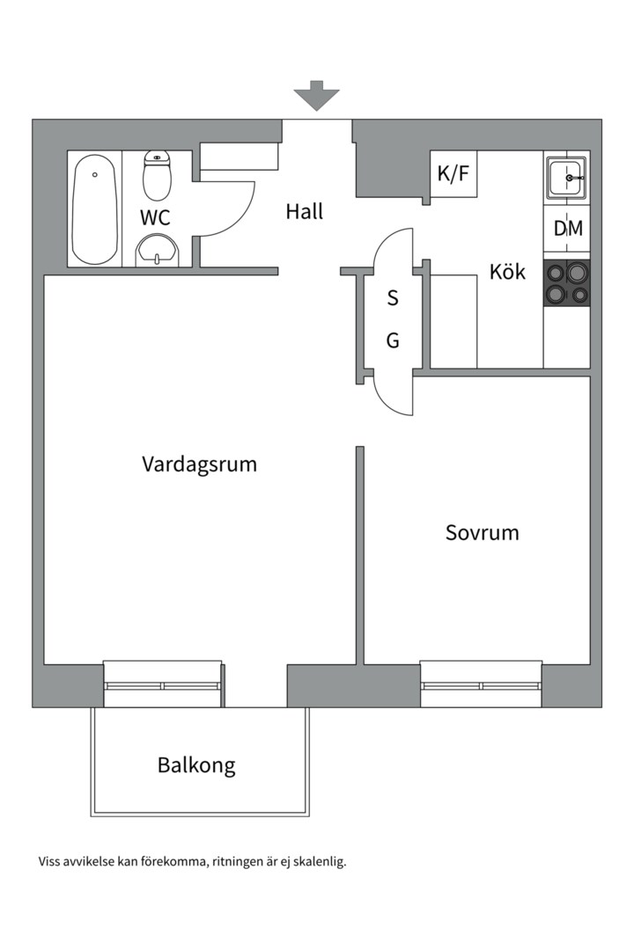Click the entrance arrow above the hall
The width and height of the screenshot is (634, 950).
[x=316, y=94]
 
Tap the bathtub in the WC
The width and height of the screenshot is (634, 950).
[x=94, y=209]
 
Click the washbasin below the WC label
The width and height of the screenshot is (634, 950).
[x=158, y=251]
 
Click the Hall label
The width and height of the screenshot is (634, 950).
[x=305, y=212]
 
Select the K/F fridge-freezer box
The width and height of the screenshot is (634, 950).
[x=453, y=174]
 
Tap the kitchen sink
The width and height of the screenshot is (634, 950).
[x=566, y=179]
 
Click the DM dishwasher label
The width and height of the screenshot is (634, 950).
[x=567, y=229]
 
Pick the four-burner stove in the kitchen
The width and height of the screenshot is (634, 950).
[x=566, y=283]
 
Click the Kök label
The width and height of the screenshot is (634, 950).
[x=507, y=272]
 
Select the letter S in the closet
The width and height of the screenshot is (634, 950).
[x=393, y=299]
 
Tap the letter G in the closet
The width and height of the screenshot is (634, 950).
[x=393, y=340]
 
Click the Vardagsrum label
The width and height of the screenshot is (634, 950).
[x=199, y=464]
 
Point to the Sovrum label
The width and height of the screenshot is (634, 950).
[x=482, y=532]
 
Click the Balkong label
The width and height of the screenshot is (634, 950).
[x=196, y=765]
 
